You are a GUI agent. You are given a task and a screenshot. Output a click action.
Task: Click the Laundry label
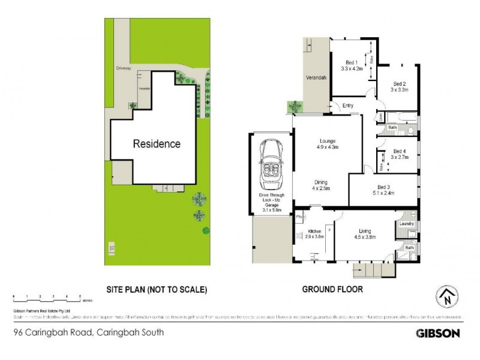[407, 224]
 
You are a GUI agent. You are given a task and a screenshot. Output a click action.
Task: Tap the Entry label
[347, 106]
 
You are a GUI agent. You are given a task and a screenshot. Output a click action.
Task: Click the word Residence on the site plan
[156, 144]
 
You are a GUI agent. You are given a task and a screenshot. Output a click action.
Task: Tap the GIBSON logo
[437, 332]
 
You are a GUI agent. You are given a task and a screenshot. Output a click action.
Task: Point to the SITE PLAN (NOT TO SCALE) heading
[157, 289]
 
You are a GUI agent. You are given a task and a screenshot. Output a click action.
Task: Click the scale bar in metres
[47, 297]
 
